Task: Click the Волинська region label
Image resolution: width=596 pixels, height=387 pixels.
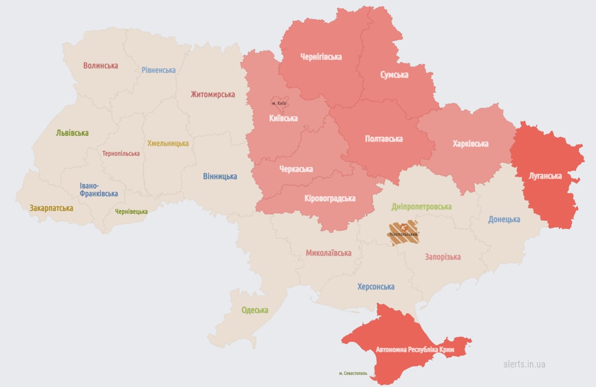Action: (101, 66)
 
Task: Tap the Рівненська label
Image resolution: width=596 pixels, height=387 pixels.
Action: (158, 70)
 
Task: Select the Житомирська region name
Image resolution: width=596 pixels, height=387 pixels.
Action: (212, 94)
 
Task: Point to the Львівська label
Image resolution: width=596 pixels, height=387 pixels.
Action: (72, 133)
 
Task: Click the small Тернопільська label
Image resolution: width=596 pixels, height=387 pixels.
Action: (121, 154)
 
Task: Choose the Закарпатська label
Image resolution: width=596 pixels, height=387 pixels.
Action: (51, 208)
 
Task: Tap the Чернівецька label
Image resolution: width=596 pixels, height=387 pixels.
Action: (131, 212)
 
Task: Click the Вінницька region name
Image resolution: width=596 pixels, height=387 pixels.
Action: (220, 176)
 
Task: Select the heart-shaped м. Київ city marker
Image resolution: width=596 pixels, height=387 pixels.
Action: (279, 103)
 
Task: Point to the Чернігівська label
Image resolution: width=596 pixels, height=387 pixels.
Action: (321, 57)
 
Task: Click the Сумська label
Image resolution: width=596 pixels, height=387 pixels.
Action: (394, 75)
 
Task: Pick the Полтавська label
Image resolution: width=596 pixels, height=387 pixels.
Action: (384, 139)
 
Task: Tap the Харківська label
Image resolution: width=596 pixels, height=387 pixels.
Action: (470, 144)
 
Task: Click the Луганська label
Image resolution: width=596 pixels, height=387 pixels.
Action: (545, 176)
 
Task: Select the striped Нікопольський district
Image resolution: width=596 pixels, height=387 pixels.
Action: (403, 232)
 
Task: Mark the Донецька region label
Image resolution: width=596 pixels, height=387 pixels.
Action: (504, 219)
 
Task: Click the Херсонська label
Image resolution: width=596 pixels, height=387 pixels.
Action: (376, 287)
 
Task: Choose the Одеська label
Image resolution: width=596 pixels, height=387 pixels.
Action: (255, 310)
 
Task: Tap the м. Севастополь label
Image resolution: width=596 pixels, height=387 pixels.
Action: (353, 373)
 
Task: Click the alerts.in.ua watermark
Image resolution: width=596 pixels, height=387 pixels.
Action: (524, 364)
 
